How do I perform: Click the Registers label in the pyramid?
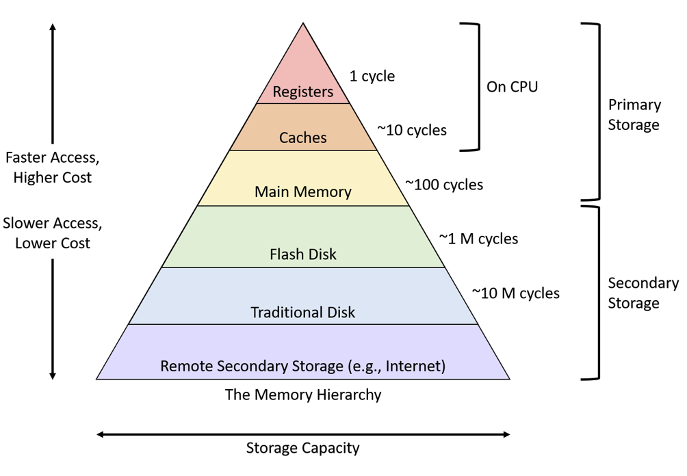(x=303, y=92)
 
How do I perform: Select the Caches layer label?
(x=303, y=137)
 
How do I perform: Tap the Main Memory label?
(x=303, y=192)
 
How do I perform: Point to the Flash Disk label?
(x=303, y=254)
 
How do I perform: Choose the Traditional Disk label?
(x=303, y=313)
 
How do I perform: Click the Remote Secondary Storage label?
(x=303, y=366)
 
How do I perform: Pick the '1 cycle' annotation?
(x=372, y=76)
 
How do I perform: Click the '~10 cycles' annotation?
(x=412, y=130)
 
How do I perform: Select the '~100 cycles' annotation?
(x=444, y=185)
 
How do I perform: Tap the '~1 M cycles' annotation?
(x=478, y=239)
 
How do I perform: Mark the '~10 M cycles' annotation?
(x=515, y=293)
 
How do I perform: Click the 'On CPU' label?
(x=512, y=87)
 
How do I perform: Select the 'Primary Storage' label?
(x=634, y=115)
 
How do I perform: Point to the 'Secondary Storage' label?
(x=643, y=293)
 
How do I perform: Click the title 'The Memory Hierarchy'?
(x=303, y=395)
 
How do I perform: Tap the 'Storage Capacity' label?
(x=302, y=449)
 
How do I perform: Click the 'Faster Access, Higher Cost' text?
(x=52, y=168)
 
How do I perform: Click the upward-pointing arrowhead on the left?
(x=53, y=27)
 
